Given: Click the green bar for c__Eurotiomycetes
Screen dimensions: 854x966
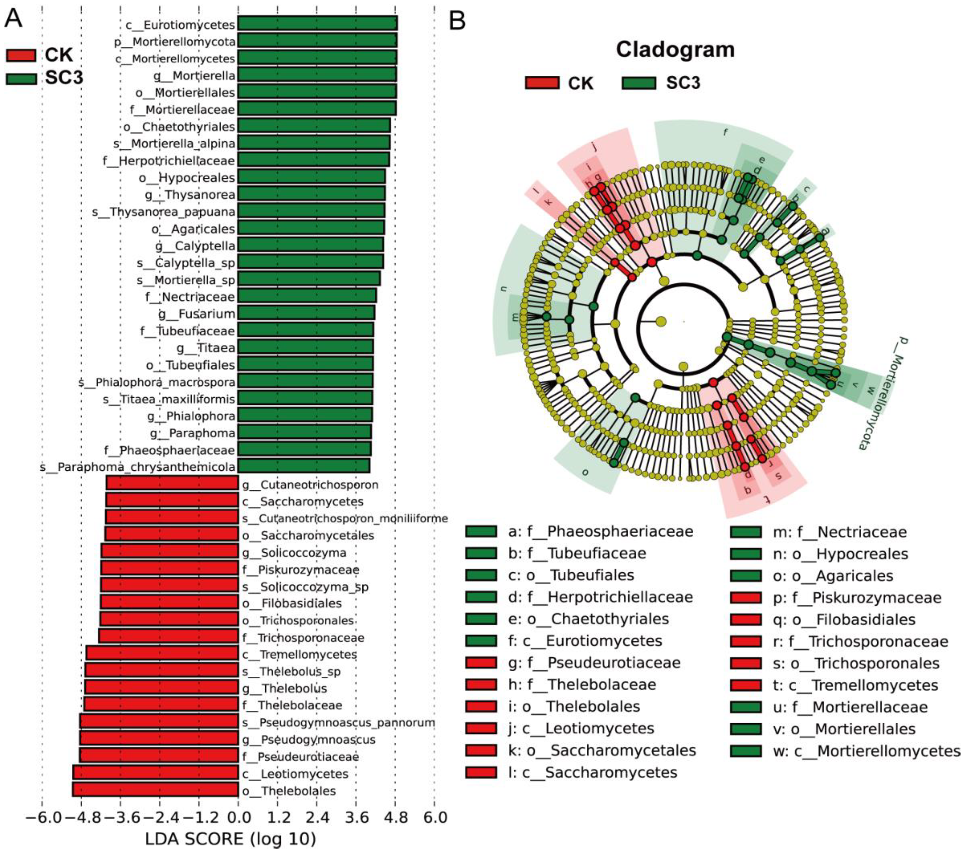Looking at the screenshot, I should [x=317, y=24].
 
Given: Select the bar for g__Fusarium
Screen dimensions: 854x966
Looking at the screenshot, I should [x=306, y=313].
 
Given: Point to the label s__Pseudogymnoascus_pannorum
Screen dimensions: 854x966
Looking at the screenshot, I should [x=338, y=722].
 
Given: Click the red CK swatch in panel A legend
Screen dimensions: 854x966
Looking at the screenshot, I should [x=21, y=55].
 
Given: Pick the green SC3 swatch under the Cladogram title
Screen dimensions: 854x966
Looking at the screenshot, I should [x=639, y=83].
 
